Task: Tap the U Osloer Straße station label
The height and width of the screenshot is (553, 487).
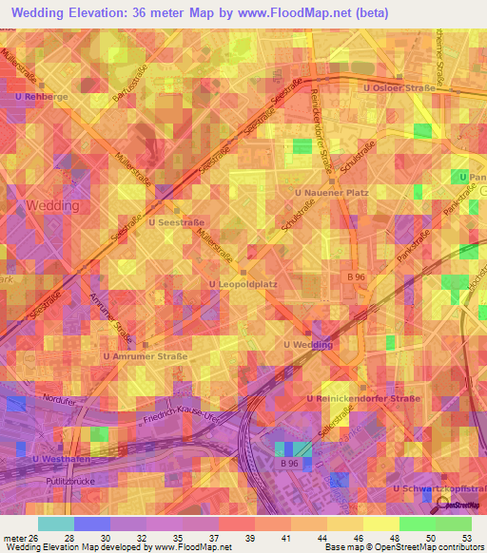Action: tap(399, 89)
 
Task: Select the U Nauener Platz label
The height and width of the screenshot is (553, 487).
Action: tap(331, 193)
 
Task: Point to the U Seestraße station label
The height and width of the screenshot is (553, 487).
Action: tap(177, 222)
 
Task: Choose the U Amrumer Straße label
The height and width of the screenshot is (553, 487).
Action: tap(146, 356)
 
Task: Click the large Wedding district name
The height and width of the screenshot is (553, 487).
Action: tap(52, 205)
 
